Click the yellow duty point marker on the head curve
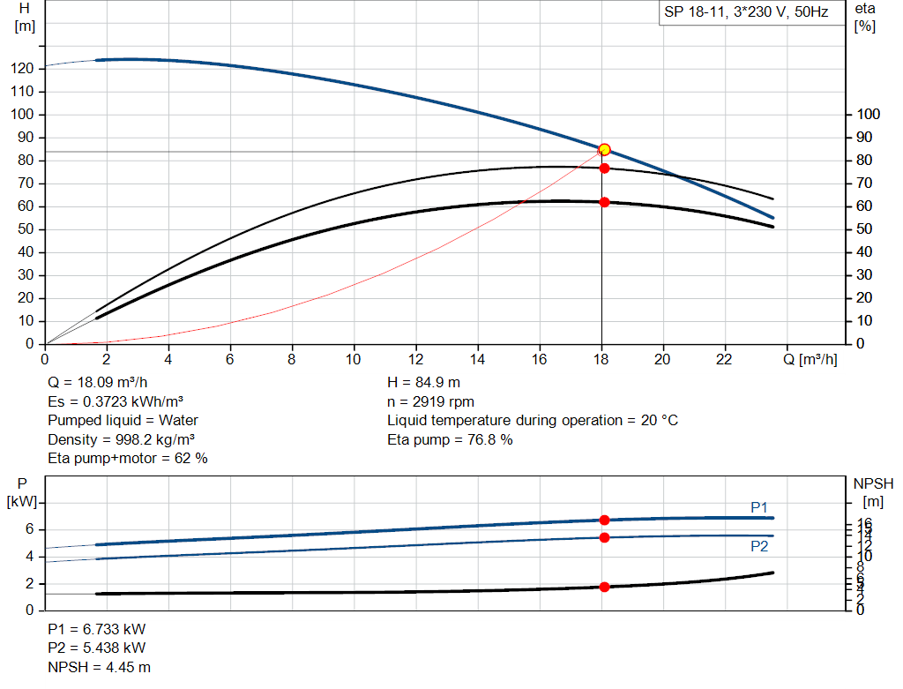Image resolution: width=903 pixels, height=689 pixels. point(604,150)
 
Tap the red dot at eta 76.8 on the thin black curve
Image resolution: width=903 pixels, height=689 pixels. point(604,168)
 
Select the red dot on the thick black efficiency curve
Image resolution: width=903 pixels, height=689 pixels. point(604,202)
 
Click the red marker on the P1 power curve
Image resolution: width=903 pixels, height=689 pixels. point(604,520)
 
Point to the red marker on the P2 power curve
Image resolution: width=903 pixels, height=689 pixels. point(604,537)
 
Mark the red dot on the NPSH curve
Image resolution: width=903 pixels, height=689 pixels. point(604,587)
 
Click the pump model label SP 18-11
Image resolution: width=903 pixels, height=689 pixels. point(746,13)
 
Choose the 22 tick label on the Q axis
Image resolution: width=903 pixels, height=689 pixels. point(725,359)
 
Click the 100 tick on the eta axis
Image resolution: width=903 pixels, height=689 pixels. point(869,115)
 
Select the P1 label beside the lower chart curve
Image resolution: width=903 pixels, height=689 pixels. point(759,506)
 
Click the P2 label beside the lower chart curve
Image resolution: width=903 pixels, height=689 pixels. point(759,546)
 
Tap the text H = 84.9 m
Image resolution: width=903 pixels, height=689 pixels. point(423,383)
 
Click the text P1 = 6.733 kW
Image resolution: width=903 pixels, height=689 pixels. point(97,630)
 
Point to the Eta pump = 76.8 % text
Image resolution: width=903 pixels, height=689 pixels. point(450,439)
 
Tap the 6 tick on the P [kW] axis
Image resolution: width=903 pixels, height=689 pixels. point(29,529)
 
